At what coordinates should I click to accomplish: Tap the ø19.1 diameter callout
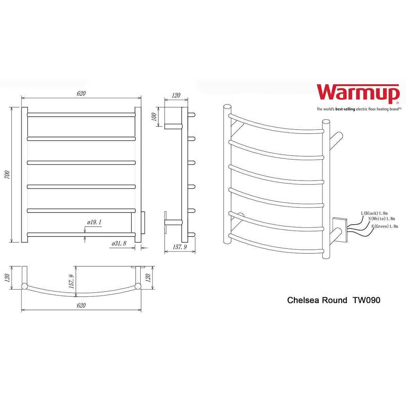94,223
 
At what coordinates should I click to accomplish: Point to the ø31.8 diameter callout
118,243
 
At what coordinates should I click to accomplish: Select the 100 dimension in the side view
154,117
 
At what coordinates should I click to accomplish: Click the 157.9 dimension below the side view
180,247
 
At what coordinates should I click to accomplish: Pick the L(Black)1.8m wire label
374,213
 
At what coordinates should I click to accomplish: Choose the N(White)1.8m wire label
381,219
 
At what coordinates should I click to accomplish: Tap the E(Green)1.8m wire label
385,226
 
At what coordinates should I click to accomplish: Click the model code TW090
366,300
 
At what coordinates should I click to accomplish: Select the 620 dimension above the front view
81,94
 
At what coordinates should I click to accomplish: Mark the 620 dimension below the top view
81,306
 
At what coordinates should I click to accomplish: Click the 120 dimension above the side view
176,96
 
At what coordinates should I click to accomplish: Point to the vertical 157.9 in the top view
71,281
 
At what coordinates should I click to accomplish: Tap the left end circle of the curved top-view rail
24,287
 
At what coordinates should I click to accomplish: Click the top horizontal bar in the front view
81,115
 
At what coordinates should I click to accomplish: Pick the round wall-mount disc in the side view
166,222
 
